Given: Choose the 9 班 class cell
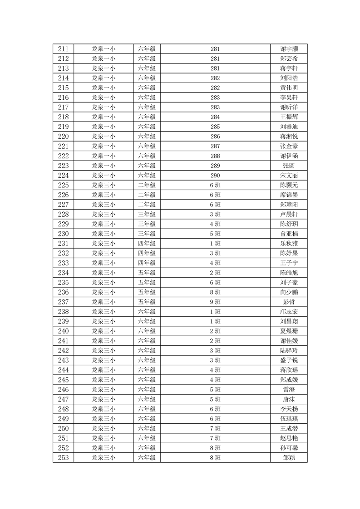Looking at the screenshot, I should pyautogui.click(x=215, y=302).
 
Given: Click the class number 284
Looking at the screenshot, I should pyautogui.click(x=215, y=117).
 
